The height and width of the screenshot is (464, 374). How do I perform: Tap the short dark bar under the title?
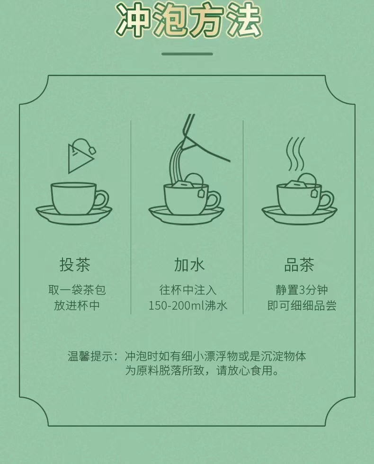click(187, 54)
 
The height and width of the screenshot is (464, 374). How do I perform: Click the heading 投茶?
click(75, 264)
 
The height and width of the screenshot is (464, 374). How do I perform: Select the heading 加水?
click(189, 264)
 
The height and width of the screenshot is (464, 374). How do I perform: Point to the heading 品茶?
click(299, 264)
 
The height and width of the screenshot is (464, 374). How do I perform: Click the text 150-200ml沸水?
click(188, 305)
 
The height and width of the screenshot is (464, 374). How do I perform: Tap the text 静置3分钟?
click(302, 290)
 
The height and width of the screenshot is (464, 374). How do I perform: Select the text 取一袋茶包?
click(77, 290)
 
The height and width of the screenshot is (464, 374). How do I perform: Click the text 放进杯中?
click(77, 305)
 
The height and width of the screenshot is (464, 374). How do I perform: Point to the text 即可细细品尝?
click(302, 305)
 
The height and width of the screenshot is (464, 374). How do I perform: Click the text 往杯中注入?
click(188, 290)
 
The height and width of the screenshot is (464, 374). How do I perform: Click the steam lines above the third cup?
click(295, 154)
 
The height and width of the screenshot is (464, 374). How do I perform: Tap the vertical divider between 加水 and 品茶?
click(243, 217)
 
